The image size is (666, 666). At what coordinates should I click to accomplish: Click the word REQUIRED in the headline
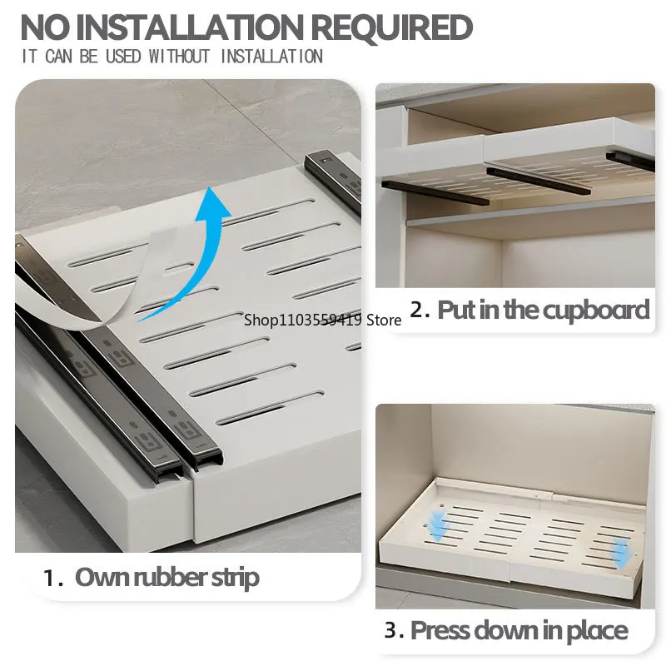pyautogui.click(x=391, y=27)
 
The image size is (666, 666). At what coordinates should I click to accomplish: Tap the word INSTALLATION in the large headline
pyautogui.click(x=188, y=27)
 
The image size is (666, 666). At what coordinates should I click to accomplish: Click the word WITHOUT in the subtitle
pyautogui.click(x=179, y=57)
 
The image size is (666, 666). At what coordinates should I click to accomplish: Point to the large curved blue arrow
pyautogui.click(x=186, y=255)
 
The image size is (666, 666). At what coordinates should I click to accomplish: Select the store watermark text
pyautogui.click(x=323, y=320)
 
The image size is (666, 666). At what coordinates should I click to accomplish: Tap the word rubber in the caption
pyautogui.click(x=171, y=578)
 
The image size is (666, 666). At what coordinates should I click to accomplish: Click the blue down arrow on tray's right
pyautogui.click(x=621, y=554)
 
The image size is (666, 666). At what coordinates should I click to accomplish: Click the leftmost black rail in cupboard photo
pyautogui.click(x=435, y=192)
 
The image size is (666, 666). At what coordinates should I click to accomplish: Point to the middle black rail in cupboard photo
pyautogui.click(x=539, y=181)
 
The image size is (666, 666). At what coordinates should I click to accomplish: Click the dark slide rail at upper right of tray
pyautogui.click(x=332, y=181)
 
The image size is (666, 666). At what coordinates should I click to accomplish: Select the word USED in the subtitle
pyautogui.click(x=123, y=57)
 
